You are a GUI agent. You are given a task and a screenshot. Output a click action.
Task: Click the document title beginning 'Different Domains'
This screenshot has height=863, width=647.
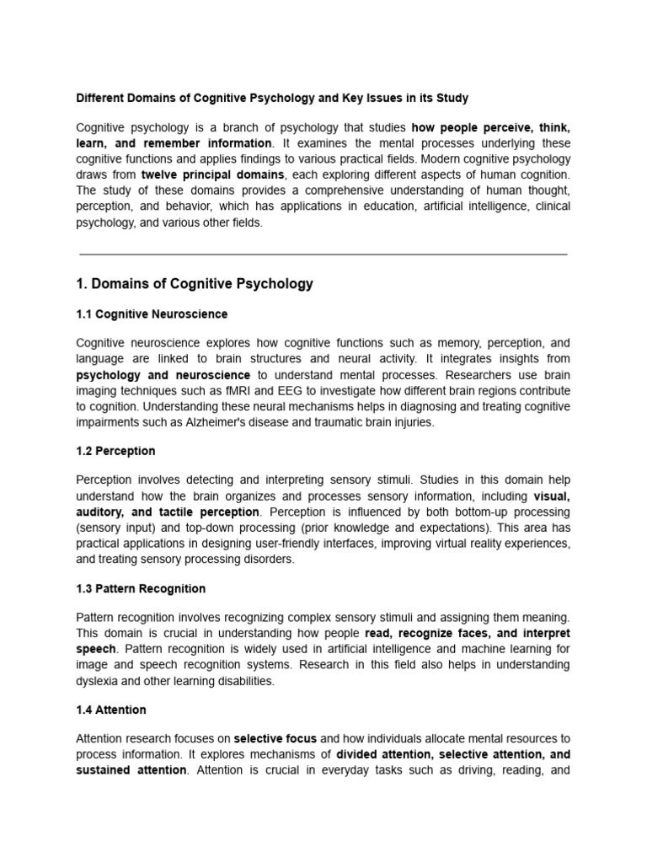(x=271, y=98)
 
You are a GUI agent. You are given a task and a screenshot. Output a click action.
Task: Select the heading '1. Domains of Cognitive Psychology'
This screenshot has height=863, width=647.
(x=195, y=284)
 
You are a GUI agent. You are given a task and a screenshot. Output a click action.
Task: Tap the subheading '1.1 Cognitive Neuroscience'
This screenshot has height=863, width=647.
(x=152, y=314)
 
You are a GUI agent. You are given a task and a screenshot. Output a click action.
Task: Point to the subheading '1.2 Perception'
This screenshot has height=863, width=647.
(x=115, y=451)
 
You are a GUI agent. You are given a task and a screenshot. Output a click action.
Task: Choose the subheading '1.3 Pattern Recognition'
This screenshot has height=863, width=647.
(x=141, y=588)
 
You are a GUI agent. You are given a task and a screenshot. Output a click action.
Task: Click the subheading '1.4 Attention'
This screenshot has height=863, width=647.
(x=111, y=710)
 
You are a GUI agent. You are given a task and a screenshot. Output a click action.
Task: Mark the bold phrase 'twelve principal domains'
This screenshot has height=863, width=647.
(x=213, y=174)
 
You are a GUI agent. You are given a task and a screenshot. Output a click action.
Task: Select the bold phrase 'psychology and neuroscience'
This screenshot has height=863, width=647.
(x=163, y=375)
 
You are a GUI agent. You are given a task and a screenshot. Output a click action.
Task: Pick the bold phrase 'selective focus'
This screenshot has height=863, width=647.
(x=275, y=738)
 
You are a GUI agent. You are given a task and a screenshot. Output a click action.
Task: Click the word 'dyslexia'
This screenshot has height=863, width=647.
(x=99, y=681)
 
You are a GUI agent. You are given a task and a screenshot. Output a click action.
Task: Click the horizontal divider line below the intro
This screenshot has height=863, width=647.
(x=323, y=254)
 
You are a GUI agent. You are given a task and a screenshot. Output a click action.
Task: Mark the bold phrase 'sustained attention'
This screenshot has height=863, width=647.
(x=131, y=770)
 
